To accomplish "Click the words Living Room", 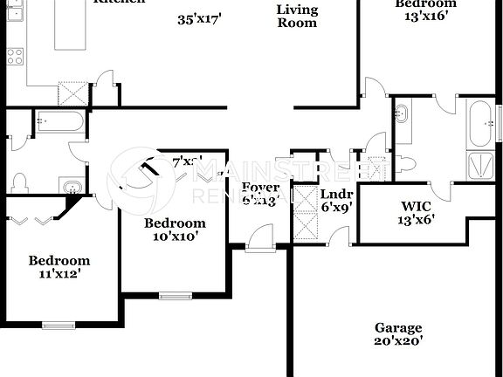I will coord(296,17).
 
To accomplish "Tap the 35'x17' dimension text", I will coord(199,19).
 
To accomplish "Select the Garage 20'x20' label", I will coord(399,334).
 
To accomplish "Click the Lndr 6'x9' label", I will coord(336,201).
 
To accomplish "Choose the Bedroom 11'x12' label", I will coord(59,267).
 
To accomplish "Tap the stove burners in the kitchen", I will coord(15,57).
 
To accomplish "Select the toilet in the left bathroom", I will coord(19,182).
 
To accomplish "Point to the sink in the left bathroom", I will coord(72,186).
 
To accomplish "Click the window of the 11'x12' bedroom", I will coord(59,326).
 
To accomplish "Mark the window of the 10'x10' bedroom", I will coord(176,295).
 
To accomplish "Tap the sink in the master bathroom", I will coord(402,113).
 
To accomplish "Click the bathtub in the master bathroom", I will coord(479,123).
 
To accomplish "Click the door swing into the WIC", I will coord(443,188).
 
